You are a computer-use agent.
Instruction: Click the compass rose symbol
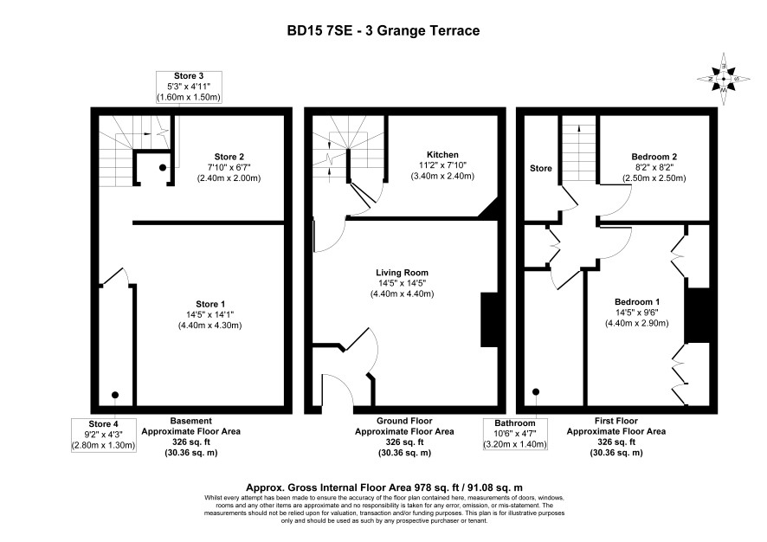[x=724, y=79]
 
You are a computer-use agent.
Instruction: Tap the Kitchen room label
[x=442, y=155]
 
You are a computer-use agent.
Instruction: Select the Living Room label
[x=402, y=273]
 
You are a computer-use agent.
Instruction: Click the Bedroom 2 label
[x=654, y=157]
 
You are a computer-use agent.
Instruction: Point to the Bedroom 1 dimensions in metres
[x=637, y=323]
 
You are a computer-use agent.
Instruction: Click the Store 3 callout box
[x=189, y=87]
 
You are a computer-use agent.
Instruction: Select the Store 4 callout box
[x=104, y=435]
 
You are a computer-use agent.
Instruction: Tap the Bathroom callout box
[x=515, y=434]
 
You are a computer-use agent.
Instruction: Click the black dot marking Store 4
[x=115, y=395]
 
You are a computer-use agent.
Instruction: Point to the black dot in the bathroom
[x=536, y=392]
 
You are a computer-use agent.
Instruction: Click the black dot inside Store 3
[x=162, y=167]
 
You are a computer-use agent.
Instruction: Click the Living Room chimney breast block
[x=489, y=319]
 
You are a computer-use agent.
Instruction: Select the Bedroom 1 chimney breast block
[x=697, y=315]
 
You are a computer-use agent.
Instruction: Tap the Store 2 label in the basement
[x=229, y=157]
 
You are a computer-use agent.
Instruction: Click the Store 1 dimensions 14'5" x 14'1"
[x=209, y=315]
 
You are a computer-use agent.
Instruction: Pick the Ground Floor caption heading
[x=404, y=421]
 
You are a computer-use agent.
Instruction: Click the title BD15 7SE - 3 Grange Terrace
[x=383, y=31]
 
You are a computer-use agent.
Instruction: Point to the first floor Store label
[x=541, y=168]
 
